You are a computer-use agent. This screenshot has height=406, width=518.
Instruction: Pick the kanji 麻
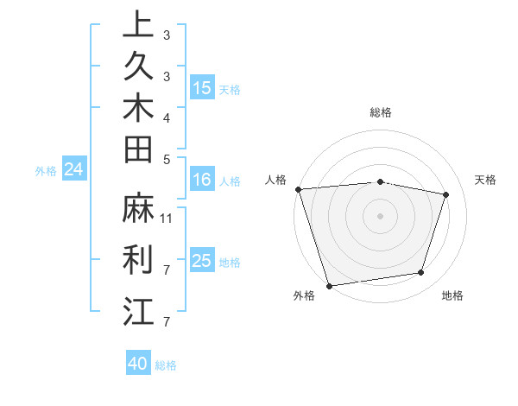(x=139, y=208)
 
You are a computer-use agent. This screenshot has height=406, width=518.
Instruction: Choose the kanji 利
(x=139, y=258)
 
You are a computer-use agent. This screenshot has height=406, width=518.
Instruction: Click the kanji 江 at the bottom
(x=139, y=310)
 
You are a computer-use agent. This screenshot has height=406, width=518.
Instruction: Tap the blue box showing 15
(x=202, y=87)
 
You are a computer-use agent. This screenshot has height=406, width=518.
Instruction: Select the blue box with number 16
(x=202, y=180)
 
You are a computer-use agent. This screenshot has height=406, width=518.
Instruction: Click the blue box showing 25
(x=202, y=261)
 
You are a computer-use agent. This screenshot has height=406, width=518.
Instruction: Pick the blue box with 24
(x=74, y=169)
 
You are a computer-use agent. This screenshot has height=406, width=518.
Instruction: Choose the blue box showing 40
(x=138, y=364)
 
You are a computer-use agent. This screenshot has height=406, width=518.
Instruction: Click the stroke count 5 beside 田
(x=167, y=159)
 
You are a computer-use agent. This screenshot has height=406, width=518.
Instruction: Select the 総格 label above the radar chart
(x=381, y=112)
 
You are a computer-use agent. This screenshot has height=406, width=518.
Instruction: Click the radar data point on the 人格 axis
(x=298, y=189)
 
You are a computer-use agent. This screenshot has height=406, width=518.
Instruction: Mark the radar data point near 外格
(x=330, y=285)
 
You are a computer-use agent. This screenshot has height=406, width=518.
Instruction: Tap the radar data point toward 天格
(x=446, y=194)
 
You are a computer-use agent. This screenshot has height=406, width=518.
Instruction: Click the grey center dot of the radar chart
(x=381, y=215)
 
